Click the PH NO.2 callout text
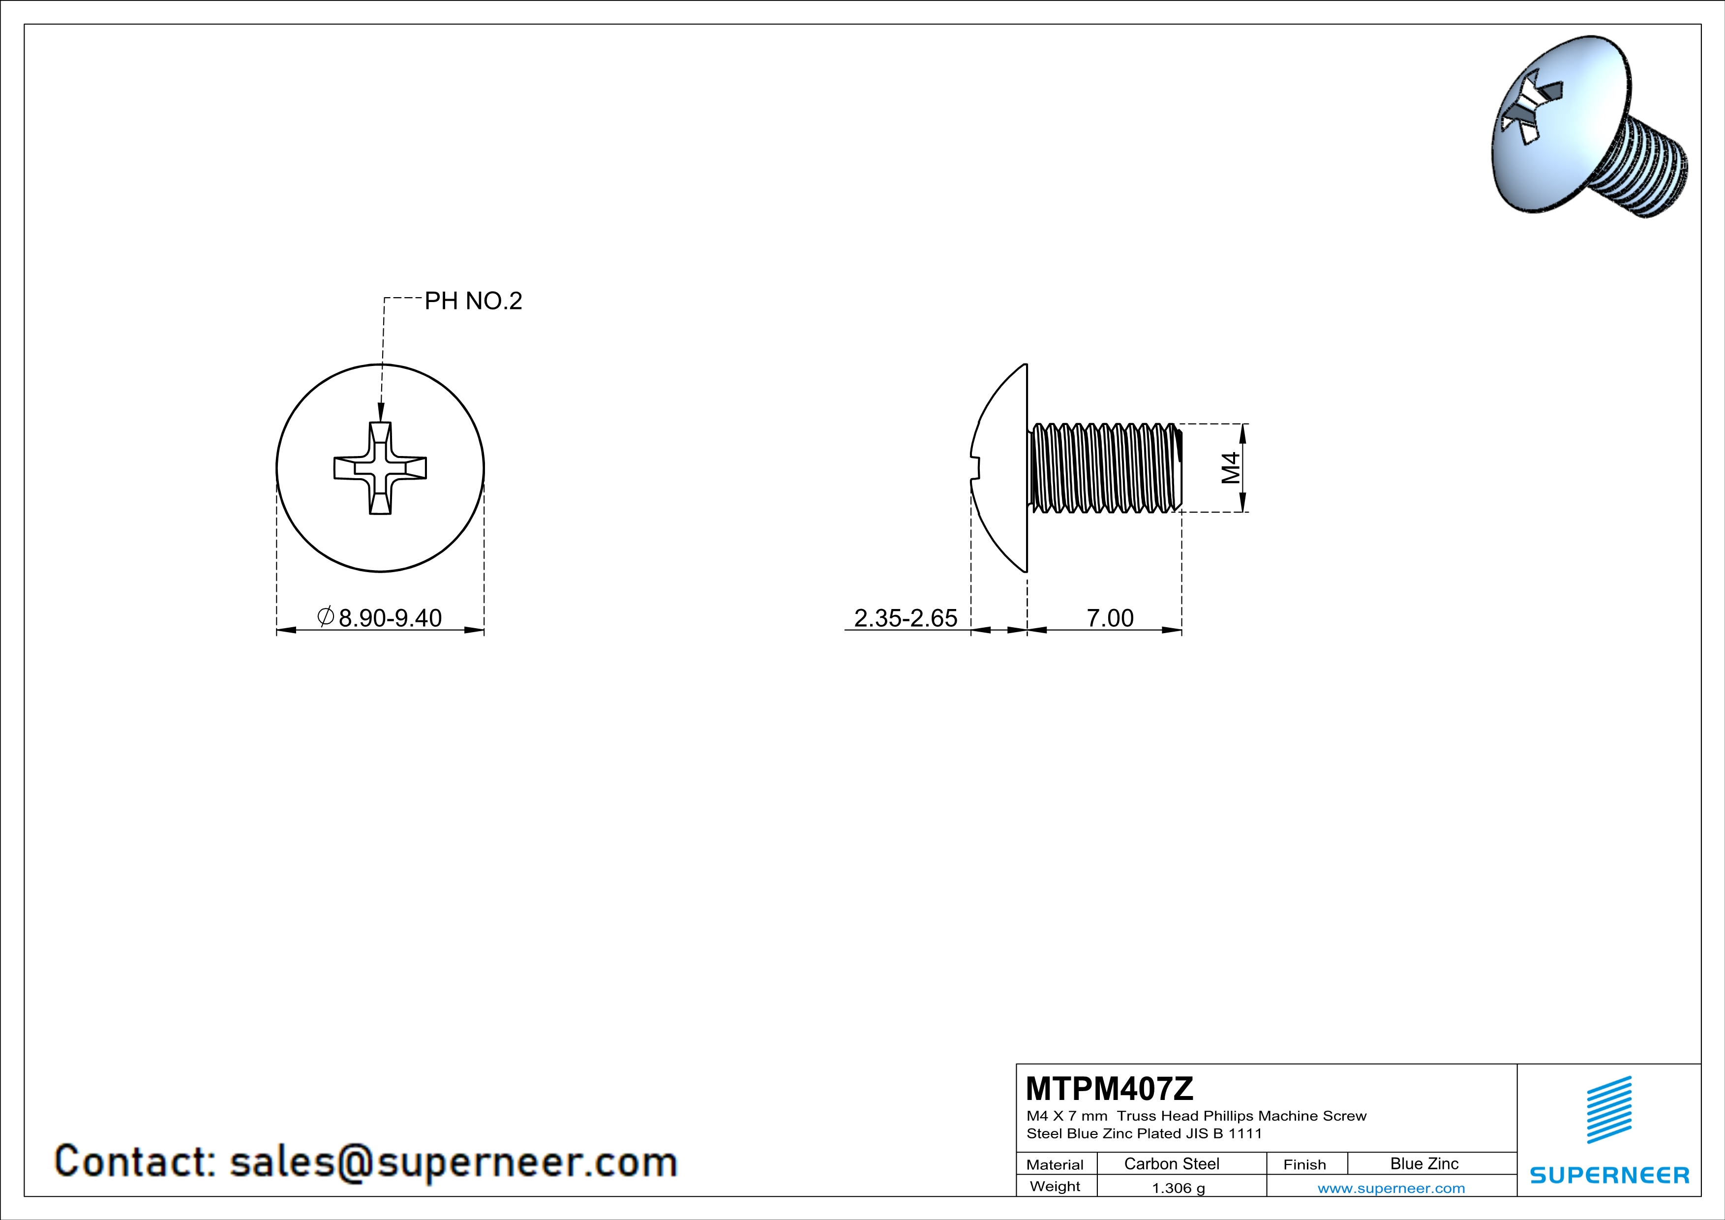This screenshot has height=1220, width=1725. [473, 301]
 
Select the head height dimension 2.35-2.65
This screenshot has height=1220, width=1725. [906, 617]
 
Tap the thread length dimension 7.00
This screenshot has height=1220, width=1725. [1110, 617]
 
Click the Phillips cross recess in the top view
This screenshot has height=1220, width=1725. [380, 468]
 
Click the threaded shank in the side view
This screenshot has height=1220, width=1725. [1104, 468]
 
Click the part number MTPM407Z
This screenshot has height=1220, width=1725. [1108, 1088]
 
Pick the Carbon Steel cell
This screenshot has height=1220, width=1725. [1171, 1163]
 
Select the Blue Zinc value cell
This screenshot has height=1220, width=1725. [1423, 1163]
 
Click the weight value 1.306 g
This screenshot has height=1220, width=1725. [1178, 1188]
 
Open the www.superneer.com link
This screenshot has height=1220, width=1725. [1391, 1188]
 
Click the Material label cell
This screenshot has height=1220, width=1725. [1055, 1164]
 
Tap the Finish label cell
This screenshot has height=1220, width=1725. [1304, 1164]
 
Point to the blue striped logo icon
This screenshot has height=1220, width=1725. [1608, 1110]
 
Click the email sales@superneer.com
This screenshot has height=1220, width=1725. [453, 1161]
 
